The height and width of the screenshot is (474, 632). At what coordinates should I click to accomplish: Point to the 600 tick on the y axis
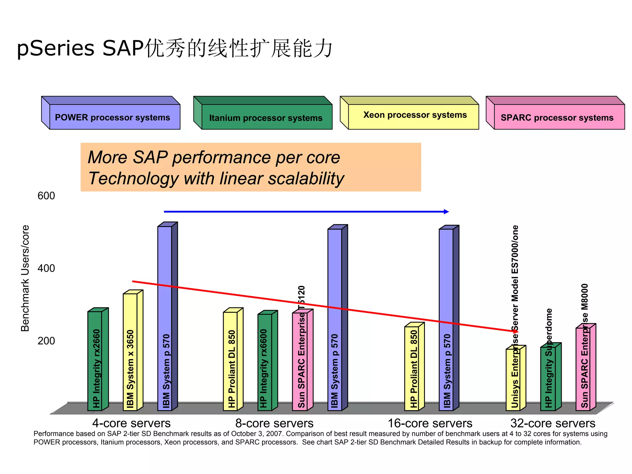pyautogui.click(x=46, y=196)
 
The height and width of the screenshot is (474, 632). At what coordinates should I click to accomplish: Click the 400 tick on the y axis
pyautogui.click(x=46, y=268)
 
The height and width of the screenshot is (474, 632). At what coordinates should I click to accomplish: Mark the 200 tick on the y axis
pyautogui.click(x=46, y=341)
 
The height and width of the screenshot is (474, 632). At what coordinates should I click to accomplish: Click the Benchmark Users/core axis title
pyautogui.click(x=25, y=278)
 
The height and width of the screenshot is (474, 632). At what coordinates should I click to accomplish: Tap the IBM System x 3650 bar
pyautogui.click(x=130, y=352)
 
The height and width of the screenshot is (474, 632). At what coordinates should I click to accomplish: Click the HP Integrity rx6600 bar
pyautogui.click(x=265, y=362)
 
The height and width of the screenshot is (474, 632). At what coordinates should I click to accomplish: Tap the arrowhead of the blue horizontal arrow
pyautogui.click(x=446, y=212)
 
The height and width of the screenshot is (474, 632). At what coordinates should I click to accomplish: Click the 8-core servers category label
pyautogui.click(x=274, y=423)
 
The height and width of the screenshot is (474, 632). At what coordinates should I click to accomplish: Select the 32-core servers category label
pyautogui.click(x=552, y=423)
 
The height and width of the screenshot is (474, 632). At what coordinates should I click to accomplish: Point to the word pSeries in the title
pyautogui.click(x=56, y=48)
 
